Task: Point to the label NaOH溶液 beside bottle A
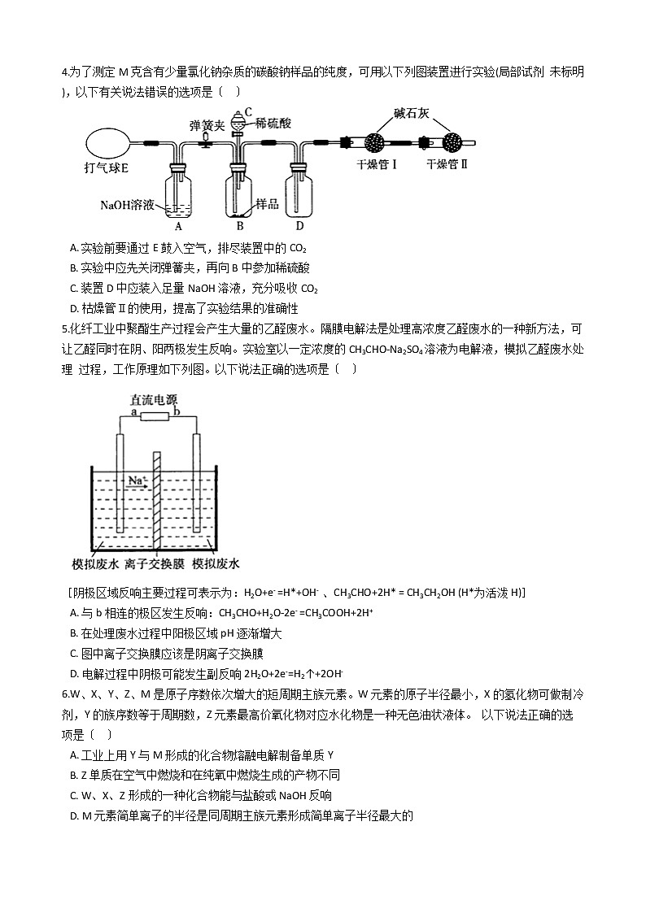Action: click(x=128, y=205)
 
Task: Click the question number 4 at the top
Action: click(x=64, y=72)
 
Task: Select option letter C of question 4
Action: click(x=74, y=289)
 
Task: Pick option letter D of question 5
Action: click(x=74, y=673)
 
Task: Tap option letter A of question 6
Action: click(x=74, y=754)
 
